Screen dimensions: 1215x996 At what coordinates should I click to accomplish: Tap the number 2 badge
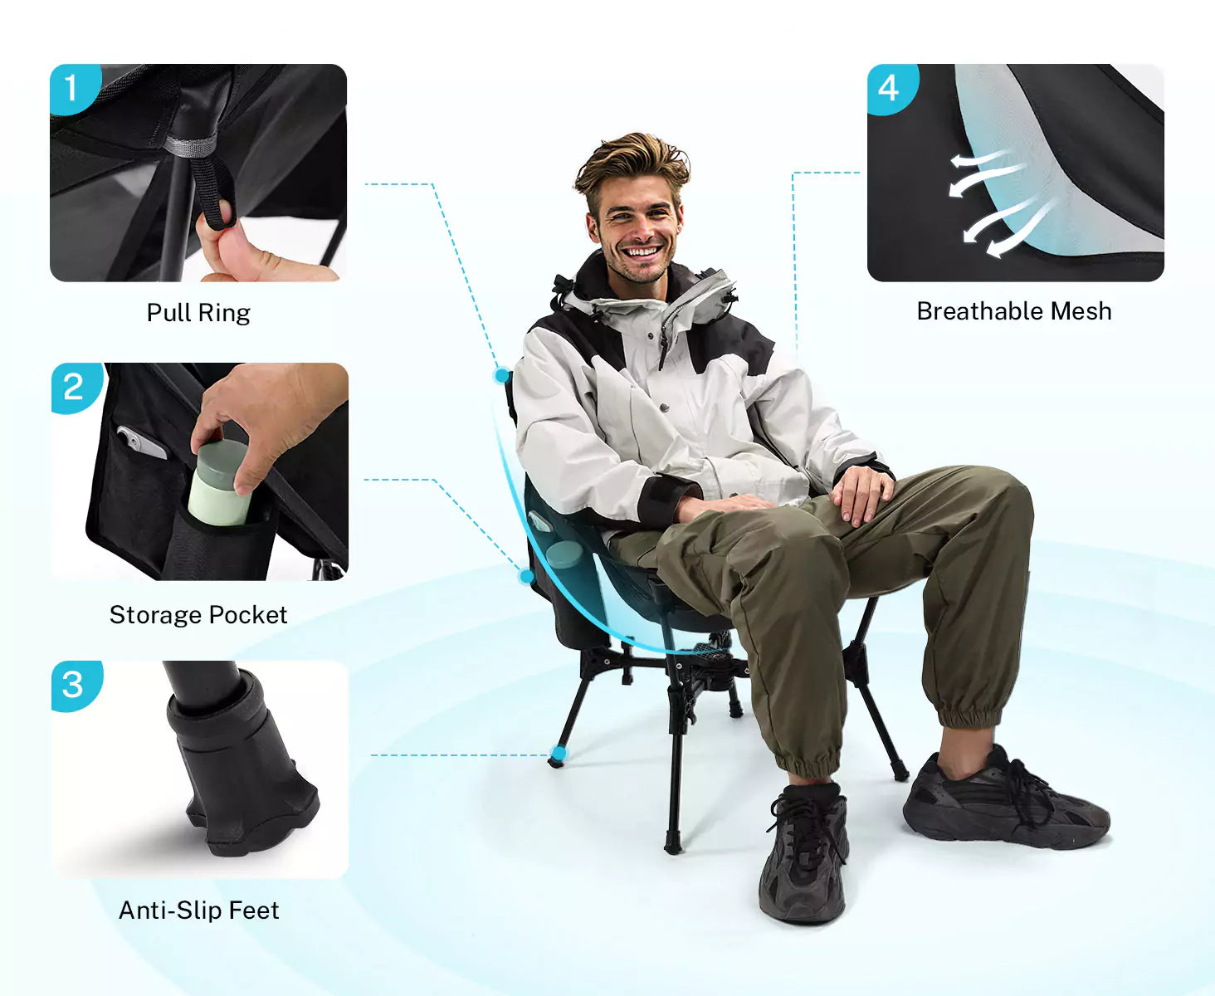75,387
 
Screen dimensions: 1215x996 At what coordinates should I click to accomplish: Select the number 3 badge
75,686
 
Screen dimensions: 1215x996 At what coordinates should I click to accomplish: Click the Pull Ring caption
198,314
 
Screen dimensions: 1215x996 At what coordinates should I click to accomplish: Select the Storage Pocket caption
198,615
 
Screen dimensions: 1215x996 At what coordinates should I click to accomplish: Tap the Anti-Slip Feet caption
198,911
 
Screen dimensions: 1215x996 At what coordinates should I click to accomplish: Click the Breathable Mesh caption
1014,311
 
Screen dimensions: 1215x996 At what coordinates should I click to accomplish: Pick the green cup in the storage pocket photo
219,483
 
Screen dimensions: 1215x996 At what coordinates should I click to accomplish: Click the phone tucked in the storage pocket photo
141,442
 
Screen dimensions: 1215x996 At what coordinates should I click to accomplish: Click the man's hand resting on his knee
862,493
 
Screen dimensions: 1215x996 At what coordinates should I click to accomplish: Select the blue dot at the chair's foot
559,753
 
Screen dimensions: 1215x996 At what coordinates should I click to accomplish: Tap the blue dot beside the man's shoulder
502,376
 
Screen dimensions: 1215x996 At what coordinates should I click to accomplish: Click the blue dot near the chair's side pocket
526,576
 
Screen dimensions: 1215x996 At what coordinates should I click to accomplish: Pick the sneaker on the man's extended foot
1005,798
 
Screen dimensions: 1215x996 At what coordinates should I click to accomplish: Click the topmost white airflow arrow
979,159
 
